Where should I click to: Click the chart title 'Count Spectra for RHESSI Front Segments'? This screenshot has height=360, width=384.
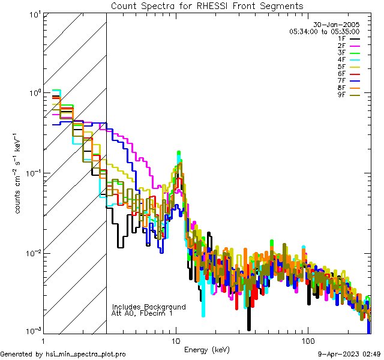[x=207, y=5]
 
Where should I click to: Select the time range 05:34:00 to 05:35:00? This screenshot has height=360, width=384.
[x=324, y=31]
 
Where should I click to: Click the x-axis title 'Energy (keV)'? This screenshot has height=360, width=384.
[x=207, y=349]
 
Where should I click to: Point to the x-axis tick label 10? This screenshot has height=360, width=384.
[x=175, y=341]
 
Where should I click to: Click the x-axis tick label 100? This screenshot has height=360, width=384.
[x=307, y=341]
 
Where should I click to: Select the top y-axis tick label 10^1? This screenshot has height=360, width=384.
[x=34, y=13]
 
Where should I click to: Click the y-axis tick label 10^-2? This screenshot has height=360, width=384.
[x=31, y=253]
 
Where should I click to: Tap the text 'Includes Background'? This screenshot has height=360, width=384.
[x=149, y=307]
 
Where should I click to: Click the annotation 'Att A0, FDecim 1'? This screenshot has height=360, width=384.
[x=142, y=313]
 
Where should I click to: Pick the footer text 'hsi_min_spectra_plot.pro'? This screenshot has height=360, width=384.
[x=86, y=354]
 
